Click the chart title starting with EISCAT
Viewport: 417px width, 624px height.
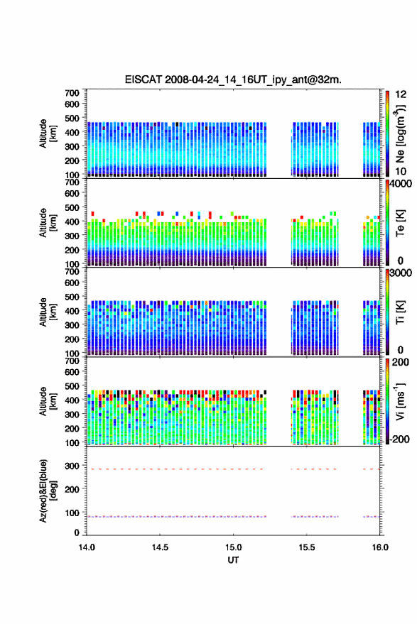(x=233, y=80)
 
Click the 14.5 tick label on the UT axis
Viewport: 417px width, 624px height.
(x=160, y=547)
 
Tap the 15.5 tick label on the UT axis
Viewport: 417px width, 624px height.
(x=306, y=547)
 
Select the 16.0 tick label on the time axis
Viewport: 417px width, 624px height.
(x=380, y=547)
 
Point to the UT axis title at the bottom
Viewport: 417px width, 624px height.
(x=233, y=560)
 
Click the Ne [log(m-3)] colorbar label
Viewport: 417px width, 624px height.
(x=400, y=134)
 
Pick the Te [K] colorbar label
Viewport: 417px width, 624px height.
(x=399, y=223)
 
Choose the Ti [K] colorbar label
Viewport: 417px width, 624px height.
(x=399, y=312)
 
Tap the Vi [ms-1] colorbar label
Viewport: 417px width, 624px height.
(x=399, y=402)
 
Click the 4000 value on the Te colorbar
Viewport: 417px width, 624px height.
(x=400, y=184)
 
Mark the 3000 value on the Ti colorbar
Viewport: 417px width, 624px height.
(x=400, y=273)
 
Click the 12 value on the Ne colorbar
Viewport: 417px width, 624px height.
(x=401, y=94)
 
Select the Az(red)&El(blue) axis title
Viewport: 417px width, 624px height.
(x=48, y=491)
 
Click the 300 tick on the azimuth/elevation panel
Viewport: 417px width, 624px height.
(x=72, y=466)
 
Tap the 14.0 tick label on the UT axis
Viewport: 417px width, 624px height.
(x=87, y=547)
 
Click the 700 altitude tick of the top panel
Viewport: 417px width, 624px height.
(x=72, y=93)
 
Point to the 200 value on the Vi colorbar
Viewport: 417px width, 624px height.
(x=400, y=363)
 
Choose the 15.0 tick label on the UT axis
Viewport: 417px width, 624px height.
(x=233, y=547)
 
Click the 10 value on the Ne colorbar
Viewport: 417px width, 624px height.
(x=401, y=172)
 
